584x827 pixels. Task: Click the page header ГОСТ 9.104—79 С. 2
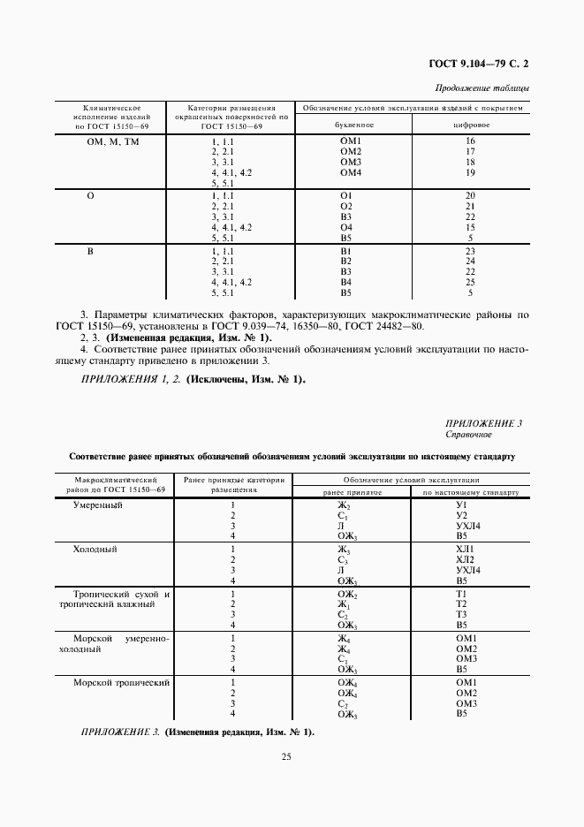tap(478, 64)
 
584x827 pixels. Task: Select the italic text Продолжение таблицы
tap(483, 87)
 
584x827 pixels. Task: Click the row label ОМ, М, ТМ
tap(111, 141)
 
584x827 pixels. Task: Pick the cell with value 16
tap(471, 141)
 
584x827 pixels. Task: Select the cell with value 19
tap(471, 173)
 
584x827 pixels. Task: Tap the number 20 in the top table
tap(471, 195)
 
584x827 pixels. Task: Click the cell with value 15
tap(471, 227)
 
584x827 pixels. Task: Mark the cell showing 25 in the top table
tap(471, 282)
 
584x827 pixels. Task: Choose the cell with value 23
tap(471, 250)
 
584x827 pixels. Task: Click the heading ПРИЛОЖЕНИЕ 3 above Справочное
tap(484, 423)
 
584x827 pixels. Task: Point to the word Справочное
tap(468, 435)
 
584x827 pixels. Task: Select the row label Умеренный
tap(97, 505)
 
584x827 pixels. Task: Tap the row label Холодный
tap(95, 549)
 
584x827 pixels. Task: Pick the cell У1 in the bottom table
tap(460, 505)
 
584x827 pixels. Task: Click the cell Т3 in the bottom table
tap(460, 615)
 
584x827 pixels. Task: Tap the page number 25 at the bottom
tap(286, 756)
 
